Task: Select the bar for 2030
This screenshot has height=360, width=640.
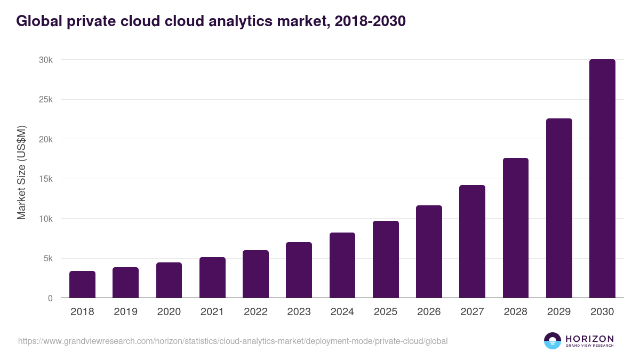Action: (x=602, y=179)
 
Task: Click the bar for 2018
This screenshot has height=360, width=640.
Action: (x=82, y=284)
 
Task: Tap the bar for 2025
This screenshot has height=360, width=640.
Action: (x=386, y=259)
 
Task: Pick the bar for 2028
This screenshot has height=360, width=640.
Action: (x=515, y=228)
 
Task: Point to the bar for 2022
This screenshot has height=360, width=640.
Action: (x=255, y=274)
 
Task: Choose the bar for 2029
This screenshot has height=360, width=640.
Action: (x=559, y=208)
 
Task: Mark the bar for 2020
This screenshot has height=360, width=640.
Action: (x=169, y=280)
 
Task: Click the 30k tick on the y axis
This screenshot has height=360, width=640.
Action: (x=46, y=60)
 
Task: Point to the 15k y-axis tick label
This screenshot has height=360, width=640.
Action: (x=46, y=179)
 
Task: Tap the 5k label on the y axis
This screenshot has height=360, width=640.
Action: (x=47, y=259)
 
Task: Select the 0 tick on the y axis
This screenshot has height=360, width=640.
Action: (x=50, y=299)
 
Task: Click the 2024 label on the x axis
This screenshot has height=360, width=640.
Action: (x=342, y=312)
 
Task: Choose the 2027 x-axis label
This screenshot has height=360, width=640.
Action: (x=472, y=312)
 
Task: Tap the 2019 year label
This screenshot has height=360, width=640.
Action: (x=125, y=312)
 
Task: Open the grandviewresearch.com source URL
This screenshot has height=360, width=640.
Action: (x=233, y=341)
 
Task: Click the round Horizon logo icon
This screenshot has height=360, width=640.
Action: (x=553, y=341)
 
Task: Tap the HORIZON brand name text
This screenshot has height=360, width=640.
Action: (x=589, y=339)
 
